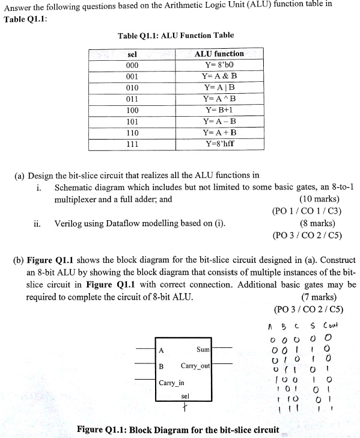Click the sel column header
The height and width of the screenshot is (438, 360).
pos(133,54)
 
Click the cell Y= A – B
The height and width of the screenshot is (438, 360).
pos(220,122)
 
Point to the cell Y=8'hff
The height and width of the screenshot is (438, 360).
pos(220,144)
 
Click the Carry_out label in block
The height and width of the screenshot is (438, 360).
pos(195,366)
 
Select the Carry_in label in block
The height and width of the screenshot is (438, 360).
pos(171,383)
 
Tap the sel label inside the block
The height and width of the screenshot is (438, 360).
pos(185,396)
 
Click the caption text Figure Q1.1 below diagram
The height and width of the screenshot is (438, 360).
pos(178,430)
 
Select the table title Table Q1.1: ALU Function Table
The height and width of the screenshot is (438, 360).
pos(176,36)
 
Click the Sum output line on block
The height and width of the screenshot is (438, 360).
pos(222,348)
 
